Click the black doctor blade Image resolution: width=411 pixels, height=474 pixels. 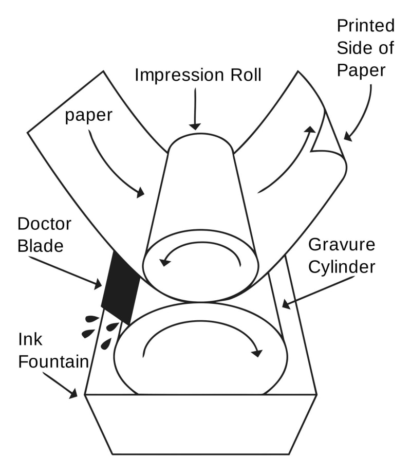coord(121,288)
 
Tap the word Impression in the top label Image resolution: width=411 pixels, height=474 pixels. coord(179,75)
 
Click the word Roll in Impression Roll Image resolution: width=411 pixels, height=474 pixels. coord(246,75)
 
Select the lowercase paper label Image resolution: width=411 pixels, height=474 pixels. coord(88,116)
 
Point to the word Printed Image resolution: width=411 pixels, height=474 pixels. coord(365,25)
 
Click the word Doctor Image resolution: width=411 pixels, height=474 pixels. coord(44,224)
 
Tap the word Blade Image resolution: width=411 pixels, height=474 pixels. coord(41,246)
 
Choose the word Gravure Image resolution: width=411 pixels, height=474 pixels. coord(342,245)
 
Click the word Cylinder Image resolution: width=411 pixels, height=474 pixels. coord(342,267)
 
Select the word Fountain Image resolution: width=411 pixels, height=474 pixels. coord(53,361)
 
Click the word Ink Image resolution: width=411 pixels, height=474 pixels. coord(30,339)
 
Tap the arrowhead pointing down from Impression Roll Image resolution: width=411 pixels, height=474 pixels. coord(195,126)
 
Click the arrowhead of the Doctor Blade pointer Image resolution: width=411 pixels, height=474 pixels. coord(97,284)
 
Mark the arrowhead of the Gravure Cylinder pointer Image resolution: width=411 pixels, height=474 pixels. coord(286,304)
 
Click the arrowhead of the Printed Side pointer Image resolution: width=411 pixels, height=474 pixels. coord(348,137)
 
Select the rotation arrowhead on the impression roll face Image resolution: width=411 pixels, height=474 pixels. coord(165,261)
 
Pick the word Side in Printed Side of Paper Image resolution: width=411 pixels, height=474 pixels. coord(349,48)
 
